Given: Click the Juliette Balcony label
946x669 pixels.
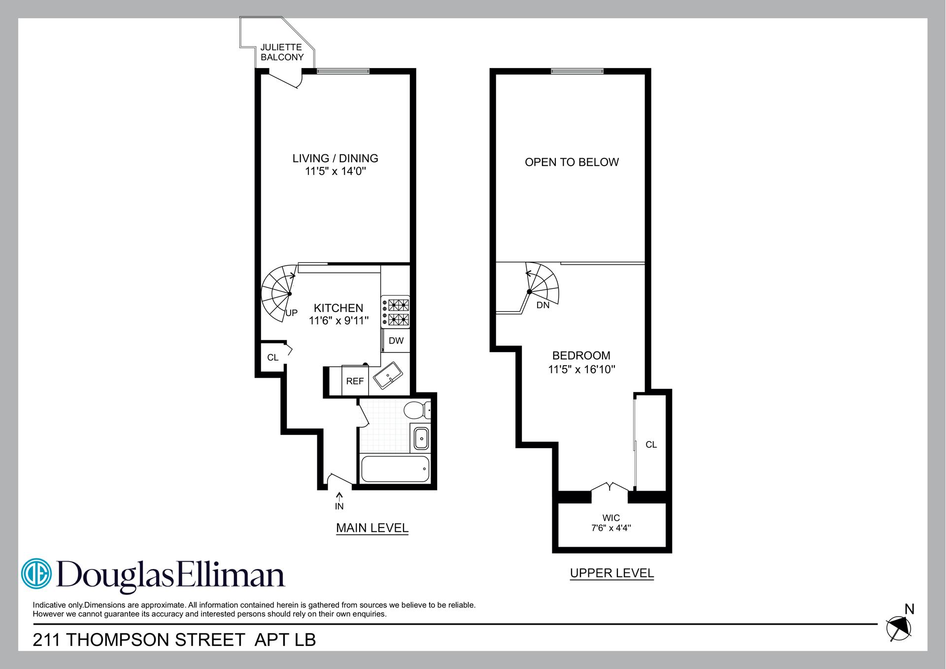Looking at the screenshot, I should click(282, 52).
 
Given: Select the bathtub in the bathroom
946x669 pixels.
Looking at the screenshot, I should click(395, 469).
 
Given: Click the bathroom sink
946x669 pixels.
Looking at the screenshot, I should click(421, 438).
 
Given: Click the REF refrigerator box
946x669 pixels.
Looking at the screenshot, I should click(355, 381).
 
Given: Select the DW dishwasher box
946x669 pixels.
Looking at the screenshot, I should click(396, 341).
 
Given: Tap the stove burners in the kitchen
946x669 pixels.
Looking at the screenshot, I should click(396, 313).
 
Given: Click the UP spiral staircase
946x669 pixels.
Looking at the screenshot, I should click(278, 294).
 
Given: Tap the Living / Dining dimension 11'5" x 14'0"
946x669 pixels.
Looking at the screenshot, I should click(335, 172).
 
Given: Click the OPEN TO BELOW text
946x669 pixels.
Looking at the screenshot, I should click(572, 162).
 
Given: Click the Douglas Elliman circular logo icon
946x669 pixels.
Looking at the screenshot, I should click(36, 573).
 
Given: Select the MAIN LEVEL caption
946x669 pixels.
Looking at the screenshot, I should click(372, 528).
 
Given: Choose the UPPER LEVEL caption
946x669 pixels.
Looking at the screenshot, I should click(611, 573).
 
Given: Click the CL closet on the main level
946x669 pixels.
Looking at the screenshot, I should click(272, 357).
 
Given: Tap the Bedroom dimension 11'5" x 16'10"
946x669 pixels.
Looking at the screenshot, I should click(581, 369).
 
